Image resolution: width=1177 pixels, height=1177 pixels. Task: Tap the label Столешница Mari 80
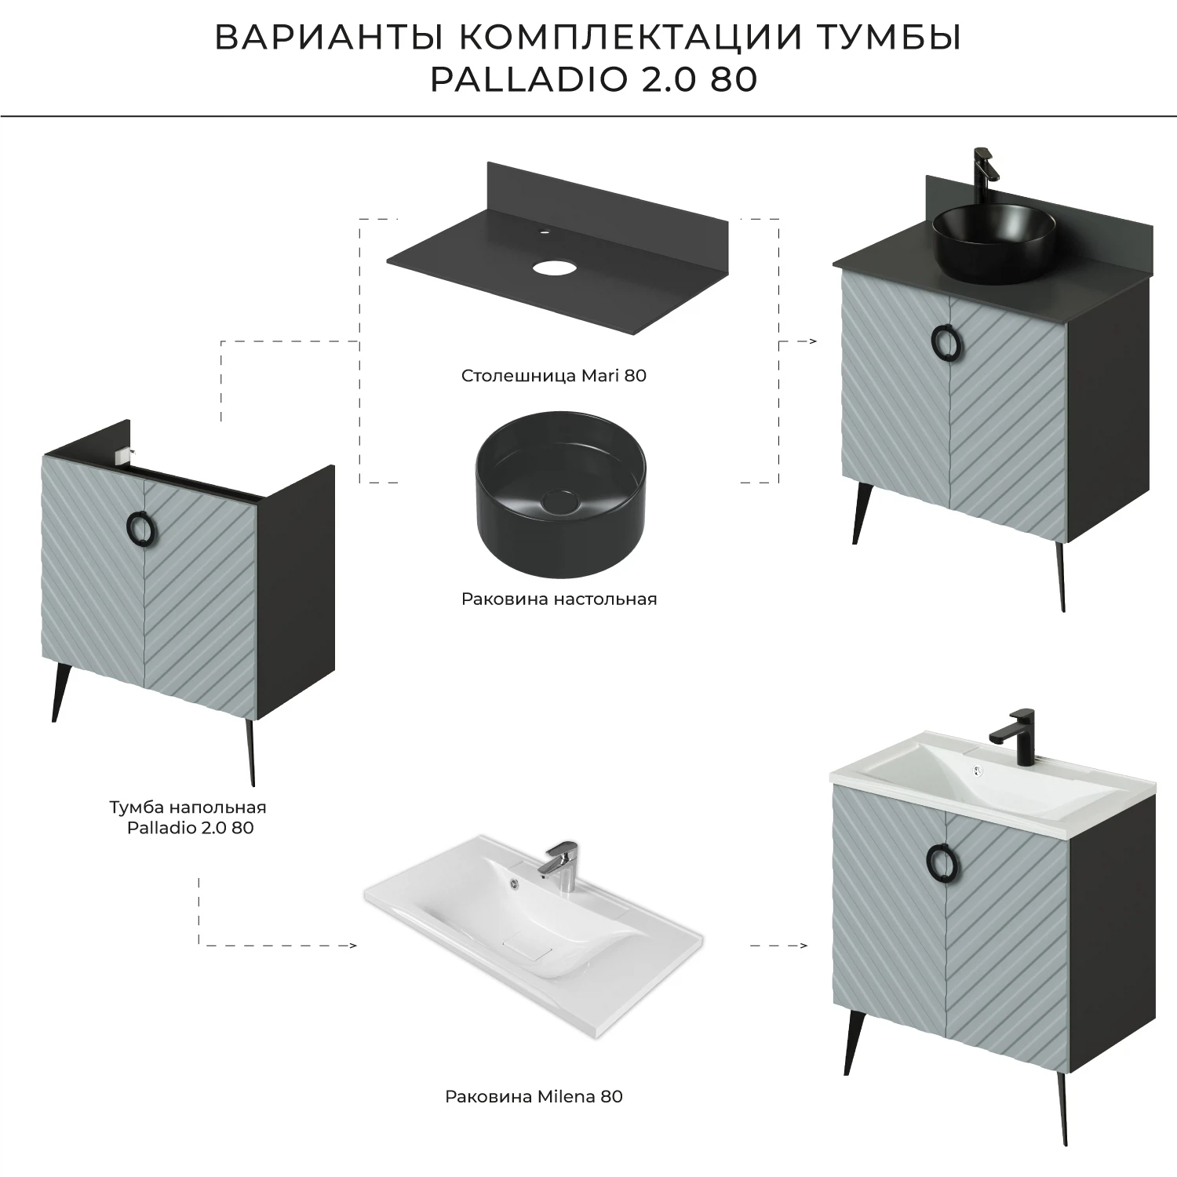554,376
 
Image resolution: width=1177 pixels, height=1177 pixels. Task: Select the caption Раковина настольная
559,599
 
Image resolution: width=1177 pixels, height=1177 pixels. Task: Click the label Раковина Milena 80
534,1096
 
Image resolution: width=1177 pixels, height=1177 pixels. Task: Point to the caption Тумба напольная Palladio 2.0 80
188,817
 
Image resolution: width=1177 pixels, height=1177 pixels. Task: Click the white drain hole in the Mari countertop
554,268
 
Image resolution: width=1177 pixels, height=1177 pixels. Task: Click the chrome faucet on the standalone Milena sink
559,865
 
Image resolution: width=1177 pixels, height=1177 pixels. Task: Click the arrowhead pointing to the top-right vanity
813,342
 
